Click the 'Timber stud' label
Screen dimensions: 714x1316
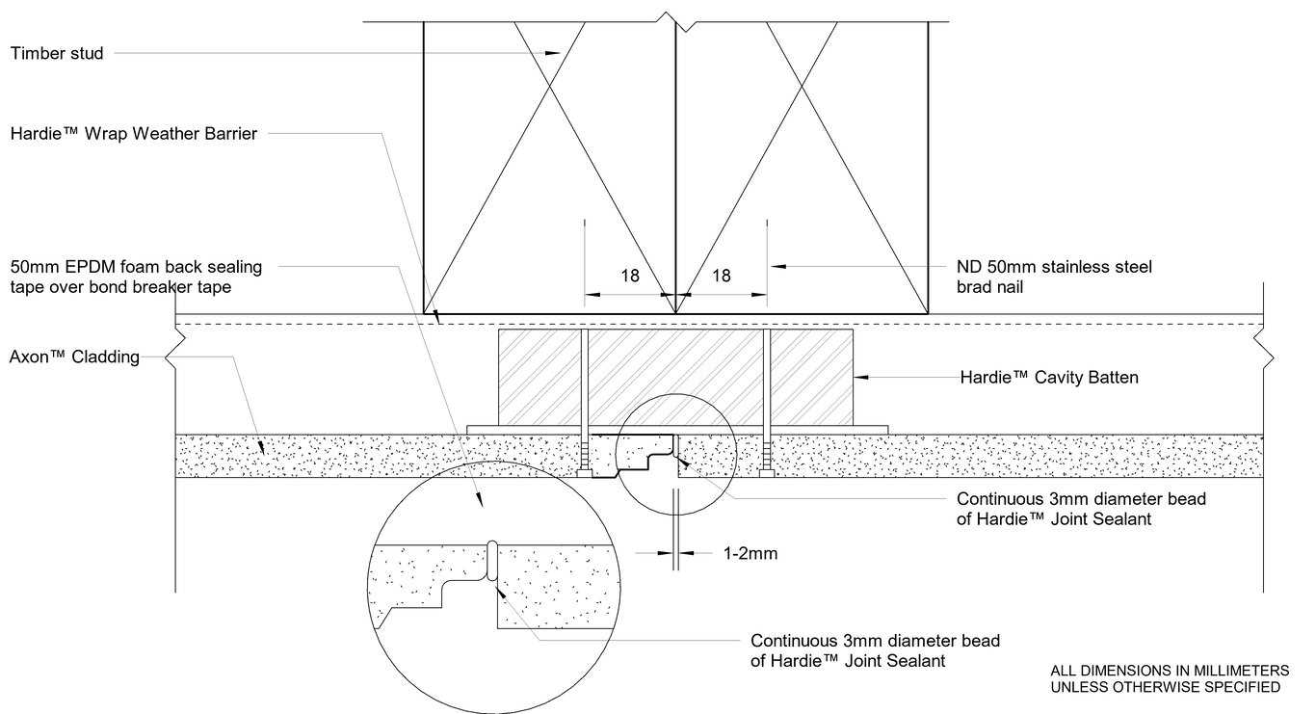pyautogui.click(x=56, y=54)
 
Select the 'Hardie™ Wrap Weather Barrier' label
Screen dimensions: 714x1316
pyautogui.click(x=133, y=135)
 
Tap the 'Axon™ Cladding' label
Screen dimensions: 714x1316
pyautogui.click(x=74, y=357)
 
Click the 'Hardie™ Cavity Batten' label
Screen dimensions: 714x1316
pyautogui.click(x=1049, y=378)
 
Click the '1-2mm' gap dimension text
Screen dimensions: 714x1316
pyautogui.click(x=750, y=554)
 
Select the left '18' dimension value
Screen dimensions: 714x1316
pyautogui.click(x=629, y=276)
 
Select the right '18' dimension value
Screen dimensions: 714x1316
pyautogui.click(x=720, y=276)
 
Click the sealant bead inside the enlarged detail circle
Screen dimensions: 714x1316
pyautogui.click(x=491, y=563)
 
